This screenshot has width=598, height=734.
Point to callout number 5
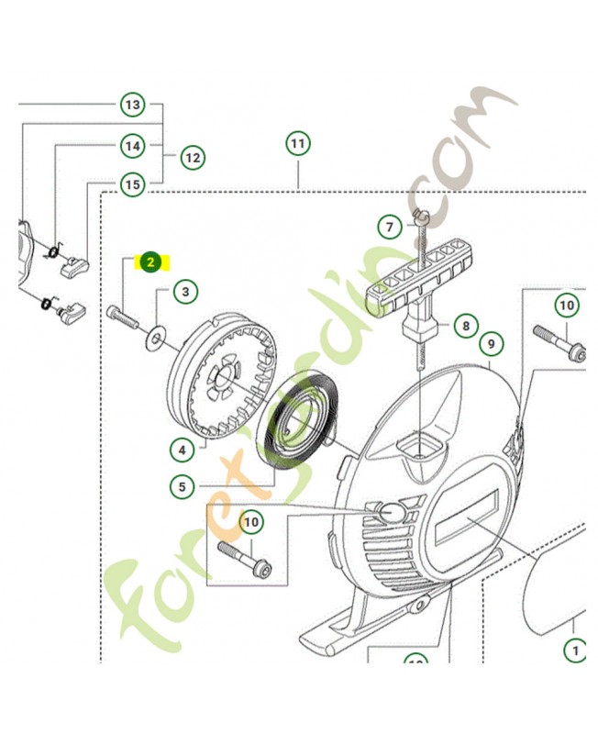tap(183, 486)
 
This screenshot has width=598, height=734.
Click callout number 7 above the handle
tap(389, 227)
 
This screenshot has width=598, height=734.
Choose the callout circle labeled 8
tap(466, 326)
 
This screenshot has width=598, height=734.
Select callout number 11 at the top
tap(297, 144)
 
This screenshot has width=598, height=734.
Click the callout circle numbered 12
tap(192, 158)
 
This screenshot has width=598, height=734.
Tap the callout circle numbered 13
tap(133, 105)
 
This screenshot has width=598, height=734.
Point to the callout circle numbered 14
tap(133, 145)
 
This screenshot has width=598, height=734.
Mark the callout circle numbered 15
tap(133, 185)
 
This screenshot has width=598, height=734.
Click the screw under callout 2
tap(121, 317)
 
